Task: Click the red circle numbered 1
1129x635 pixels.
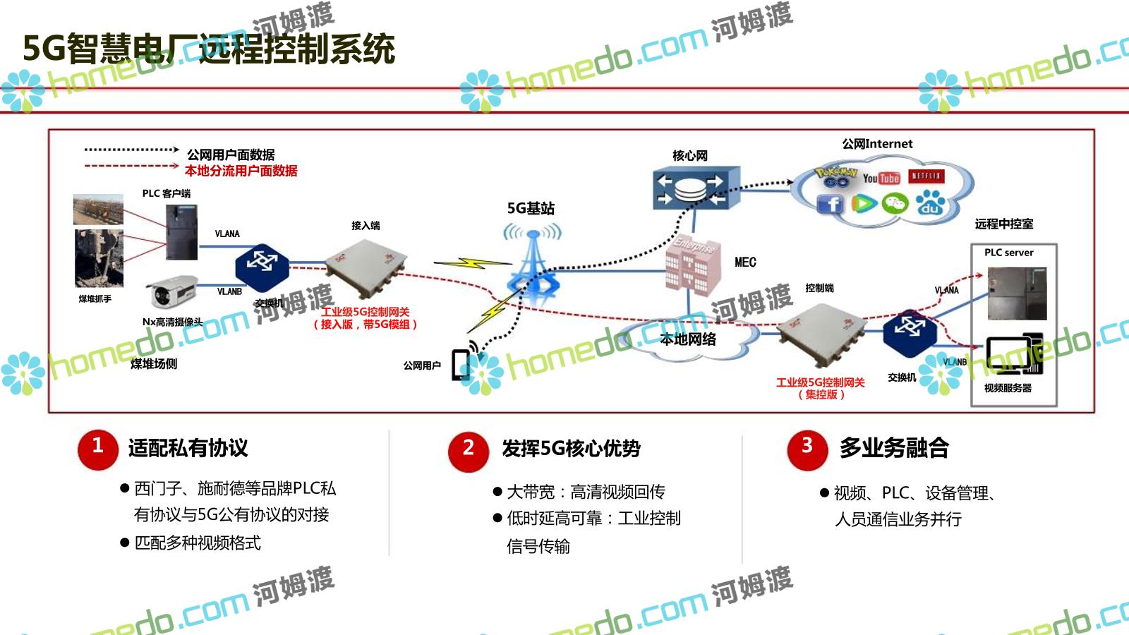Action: pyautogui.click(x=97, y=449)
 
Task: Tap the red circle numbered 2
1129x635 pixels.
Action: pyautogui.click(x=468, y=450)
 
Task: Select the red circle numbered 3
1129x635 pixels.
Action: pyautogui.click(x=807, y=449)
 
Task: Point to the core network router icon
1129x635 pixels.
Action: pyautogui.click(x=696, y=188)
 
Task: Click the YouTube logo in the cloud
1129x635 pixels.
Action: pyautogui.click(x=881, y=178)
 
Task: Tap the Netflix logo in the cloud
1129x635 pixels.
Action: pyautogui.click(x=926, y=176)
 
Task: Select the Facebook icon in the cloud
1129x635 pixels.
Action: pyautogui.click(x=831, y=205)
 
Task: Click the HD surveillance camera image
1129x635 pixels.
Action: pyautogui.click(x=171, y=291)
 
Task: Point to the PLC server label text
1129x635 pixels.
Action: pyautogui.click(x=1008, y=253)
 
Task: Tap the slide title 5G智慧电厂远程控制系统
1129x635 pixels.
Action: pyautogui.click(x=209, y=49)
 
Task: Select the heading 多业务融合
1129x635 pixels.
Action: pyautogui.click(x=894, y=448)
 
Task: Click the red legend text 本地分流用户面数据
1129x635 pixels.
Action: pyautogui.click(x=241, y=171)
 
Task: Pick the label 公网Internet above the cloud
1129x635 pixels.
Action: pyautogui.click(x=877, y=144)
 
